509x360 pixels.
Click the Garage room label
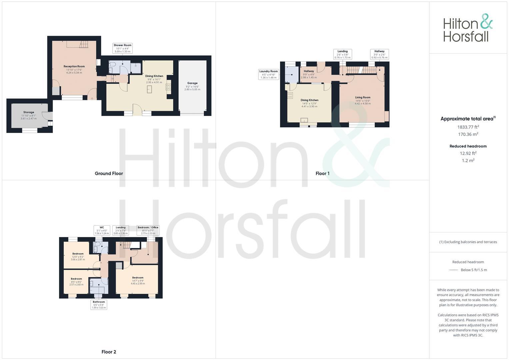pyautogui.click(x=192, y=83)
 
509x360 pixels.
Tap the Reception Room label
pyautogui.click(x=74, y=66)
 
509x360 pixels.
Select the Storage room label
pyautogui.click(x=29, y=112)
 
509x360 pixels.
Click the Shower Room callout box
pyautogui.click(x=122, y=48)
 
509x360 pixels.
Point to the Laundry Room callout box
pyautogui.click(x=268, y=74)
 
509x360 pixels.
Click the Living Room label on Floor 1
pyautogui.click(x=362, y=98)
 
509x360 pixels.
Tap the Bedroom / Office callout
pyautogui.click(x=148, y=230)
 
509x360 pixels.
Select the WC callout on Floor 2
pyautogui.click(x=102, y=230)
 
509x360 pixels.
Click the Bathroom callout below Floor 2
pyautogui.click(x=99, y=305)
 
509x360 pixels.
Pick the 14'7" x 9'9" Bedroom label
pyautogui.click(x=138, y=278)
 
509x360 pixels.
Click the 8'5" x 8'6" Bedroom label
pyautogui.click(x=76, y=279)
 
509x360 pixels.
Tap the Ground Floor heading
pyautogui.click(x=109, y=173)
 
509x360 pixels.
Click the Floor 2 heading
pyautogui.click(x=109, y=352)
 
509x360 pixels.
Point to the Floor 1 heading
pyautogui.click(x=322, y=173)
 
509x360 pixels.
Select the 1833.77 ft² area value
pyautogui.click(x=468, y=127)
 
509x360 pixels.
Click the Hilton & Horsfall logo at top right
pyautogui.click(x=468, y=28)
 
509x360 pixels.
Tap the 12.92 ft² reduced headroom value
pyautogui.click(x=468, y=153)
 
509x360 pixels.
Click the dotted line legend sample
pyautogui.click(x=453, y=270)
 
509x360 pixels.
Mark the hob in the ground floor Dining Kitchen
pyautogui.click(x=168, y=87)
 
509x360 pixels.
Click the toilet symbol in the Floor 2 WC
pyautogui.click(x=96, y=245)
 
